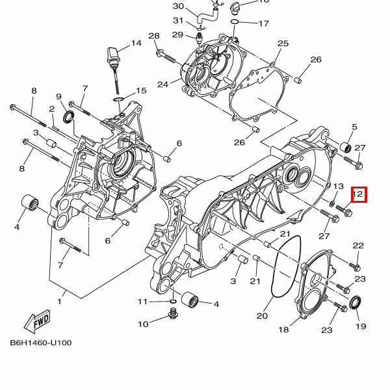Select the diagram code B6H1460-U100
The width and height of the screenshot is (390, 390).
pos(40,343)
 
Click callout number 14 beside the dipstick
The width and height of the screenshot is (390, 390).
pos(135,44)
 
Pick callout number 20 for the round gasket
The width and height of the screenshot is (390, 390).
pos(261,317)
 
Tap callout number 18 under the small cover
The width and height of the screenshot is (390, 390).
pos(283,330)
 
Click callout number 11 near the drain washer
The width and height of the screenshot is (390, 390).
pos(143,302)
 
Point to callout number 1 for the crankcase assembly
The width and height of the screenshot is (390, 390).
pos(61,302)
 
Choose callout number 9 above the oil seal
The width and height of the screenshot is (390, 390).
pos(58,97)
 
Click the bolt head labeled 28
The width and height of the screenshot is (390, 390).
pos(160,51)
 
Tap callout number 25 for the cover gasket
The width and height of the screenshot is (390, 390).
pos(282,44)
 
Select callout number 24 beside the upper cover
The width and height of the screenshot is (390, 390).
pos(162,83)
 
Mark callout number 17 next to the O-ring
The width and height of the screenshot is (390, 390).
pos(263,23)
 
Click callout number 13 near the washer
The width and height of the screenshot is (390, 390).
pos(338,187)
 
